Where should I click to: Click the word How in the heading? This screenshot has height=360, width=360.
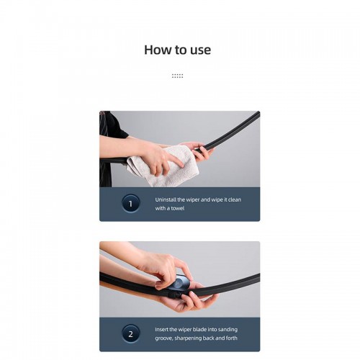[156, 50]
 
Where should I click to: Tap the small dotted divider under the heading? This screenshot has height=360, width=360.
[177, 75]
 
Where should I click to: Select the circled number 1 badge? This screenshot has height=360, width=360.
[130, 204]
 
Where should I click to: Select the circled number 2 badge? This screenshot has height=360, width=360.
[130, 333]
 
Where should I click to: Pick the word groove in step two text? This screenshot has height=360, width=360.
[165, 338]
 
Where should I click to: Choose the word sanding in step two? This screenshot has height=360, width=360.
[227, 329]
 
